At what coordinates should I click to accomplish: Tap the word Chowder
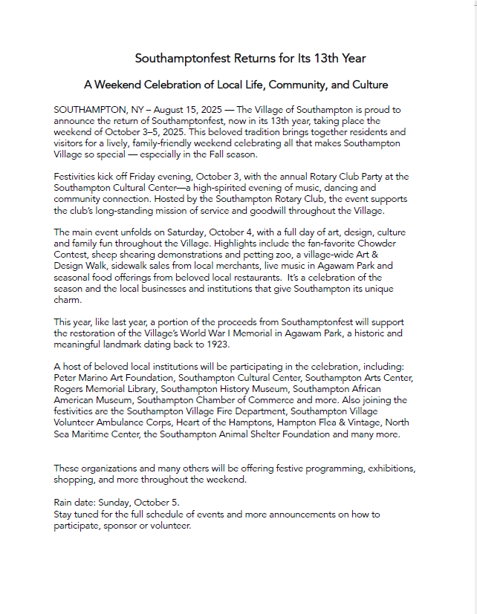378,243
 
